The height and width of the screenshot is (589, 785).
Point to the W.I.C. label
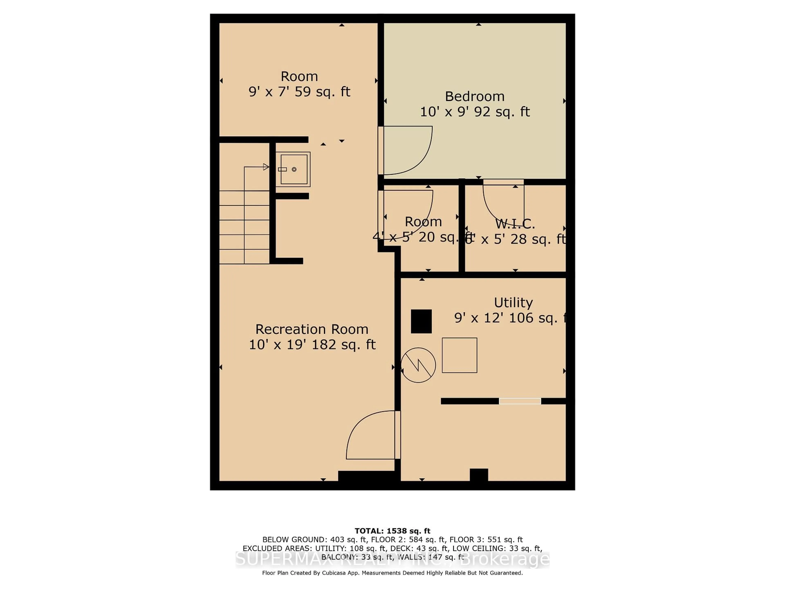coord(515,224)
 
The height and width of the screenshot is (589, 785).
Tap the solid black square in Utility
coord(421,321)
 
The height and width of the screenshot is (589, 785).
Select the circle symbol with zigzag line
coord(418,365)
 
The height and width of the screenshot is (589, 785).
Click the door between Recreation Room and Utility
coord(373,435)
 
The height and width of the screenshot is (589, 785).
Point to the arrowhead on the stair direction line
coord(266,167)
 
